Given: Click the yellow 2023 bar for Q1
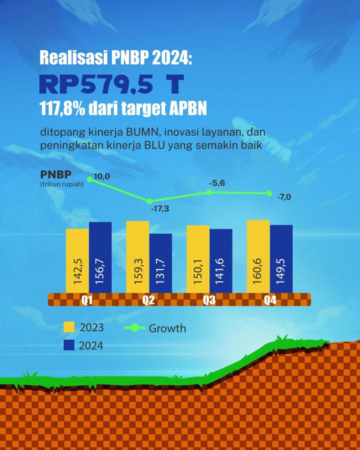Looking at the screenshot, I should tap(77, 260).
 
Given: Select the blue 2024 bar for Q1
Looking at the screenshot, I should tap(100, 257).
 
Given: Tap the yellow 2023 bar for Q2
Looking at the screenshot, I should tap(138, 257).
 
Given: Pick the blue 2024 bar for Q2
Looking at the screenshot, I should tap(160, 263).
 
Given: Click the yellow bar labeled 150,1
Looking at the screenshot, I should tap(198, 259).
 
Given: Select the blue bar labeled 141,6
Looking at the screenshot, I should tap(221, 261).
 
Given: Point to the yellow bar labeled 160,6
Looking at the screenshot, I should tap(258, 256).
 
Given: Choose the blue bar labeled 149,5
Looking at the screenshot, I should tap(281, 258).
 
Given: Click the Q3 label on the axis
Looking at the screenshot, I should tap(209, 301).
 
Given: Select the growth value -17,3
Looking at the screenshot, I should tap(160, 209).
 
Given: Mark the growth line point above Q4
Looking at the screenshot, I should tap(269, 193).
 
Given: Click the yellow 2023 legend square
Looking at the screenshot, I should tap(69, 327).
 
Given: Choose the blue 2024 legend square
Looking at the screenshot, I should tap(69, 345).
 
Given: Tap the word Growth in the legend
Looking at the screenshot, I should tap(167, 328).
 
